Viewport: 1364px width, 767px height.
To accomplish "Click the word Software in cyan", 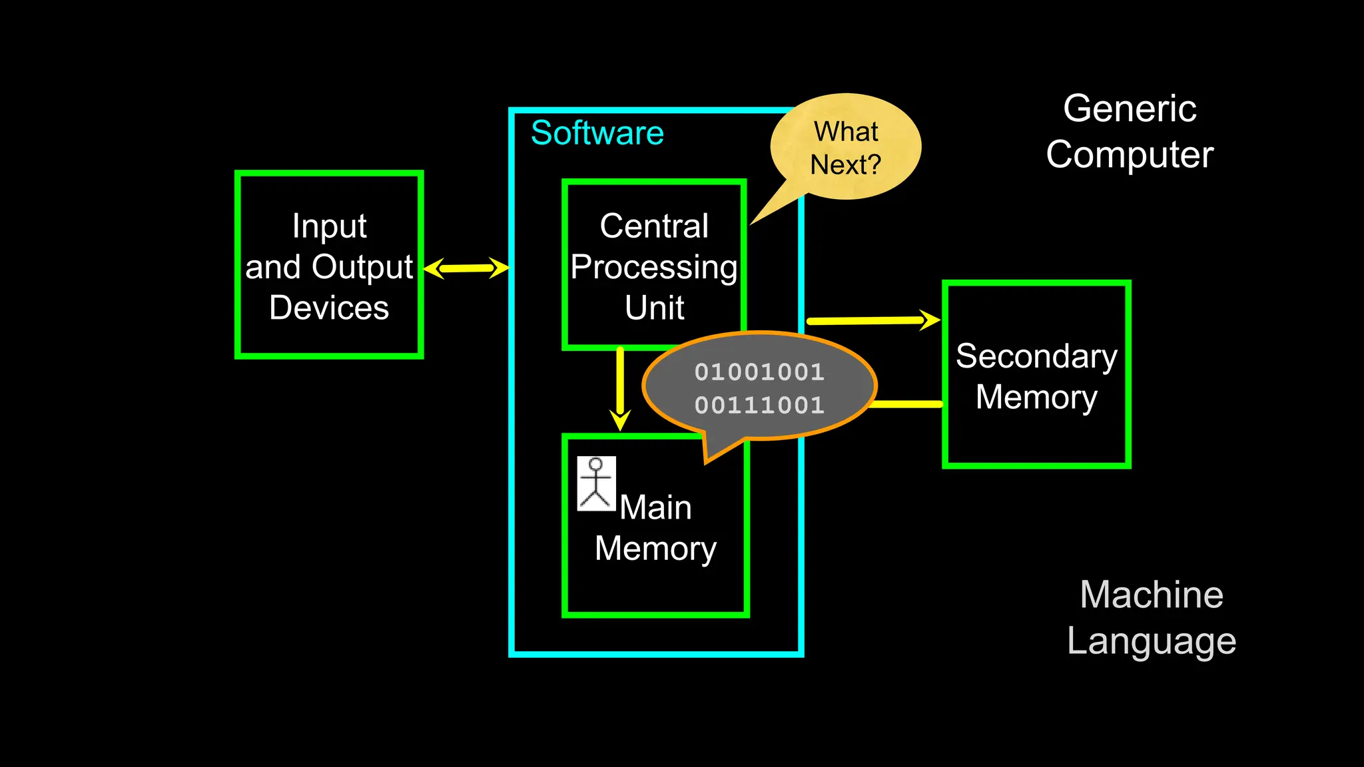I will coord(597,133).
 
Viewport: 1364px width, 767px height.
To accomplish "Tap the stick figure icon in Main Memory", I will coord(596,483).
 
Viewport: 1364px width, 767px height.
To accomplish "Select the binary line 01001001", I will coord(759,372).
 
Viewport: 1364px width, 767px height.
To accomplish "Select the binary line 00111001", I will coord(759,405).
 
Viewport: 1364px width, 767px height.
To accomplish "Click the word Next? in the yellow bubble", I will coord(845,164).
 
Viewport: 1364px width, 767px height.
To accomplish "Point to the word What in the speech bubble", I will coord(846,131).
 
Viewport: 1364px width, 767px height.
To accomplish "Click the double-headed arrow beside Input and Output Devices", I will coord(466,268).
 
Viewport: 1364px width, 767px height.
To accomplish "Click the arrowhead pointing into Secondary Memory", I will coord(929,320).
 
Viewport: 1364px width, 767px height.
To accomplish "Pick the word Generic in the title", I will coord(1130,109).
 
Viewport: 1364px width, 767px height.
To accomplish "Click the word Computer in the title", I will coord(1130,154).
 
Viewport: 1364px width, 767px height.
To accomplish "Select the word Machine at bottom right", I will coord(1152,595).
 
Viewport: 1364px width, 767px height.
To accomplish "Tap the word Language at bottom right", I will coord(1152,641).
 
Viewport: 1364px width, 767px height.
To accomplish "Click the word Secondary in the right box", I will coord(1036,356).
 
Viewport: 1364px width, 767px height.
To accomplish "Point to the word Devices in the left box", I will coord(329,308).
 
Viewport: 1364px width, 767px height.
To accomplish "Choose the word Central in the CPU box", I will coord(654,226).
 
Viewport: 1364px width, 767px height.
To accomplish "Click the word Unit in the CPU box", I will coord(654,308).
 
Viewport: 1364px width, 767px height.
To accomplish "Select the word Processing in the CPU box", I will coord(654,267).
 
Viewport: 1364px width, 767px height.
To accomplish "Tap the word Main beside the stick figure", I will coord(656,507).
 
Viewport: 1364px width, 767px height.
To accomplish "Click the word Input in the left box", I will coord(329,226).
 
